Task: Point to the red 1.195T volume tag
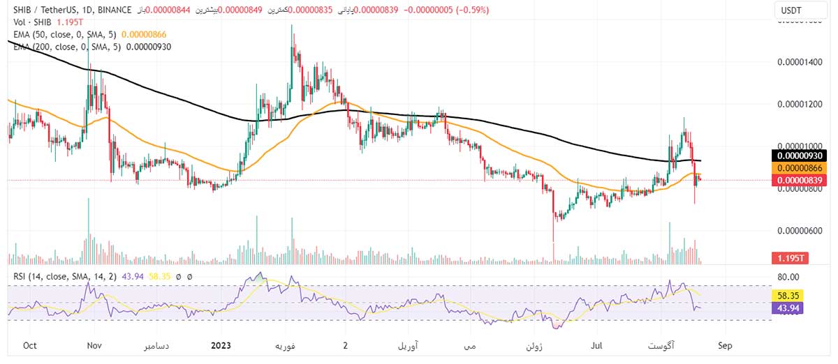pos(789,259)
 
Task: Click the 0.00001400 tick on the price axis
pos(800,62)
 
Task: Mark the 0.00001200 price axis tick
pos(800,104)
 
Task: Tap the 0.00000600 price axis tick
pos(800,231)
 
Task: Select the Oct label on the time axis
pos(30,345)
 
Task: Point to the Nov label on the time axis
pos(95,345)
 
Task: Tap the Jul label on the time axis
pos(598,345)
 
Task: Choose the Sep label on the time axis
pos(725,345)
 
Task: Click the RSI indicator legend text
pos(66,277)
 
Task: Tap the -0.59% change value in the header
pos(471,10)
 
